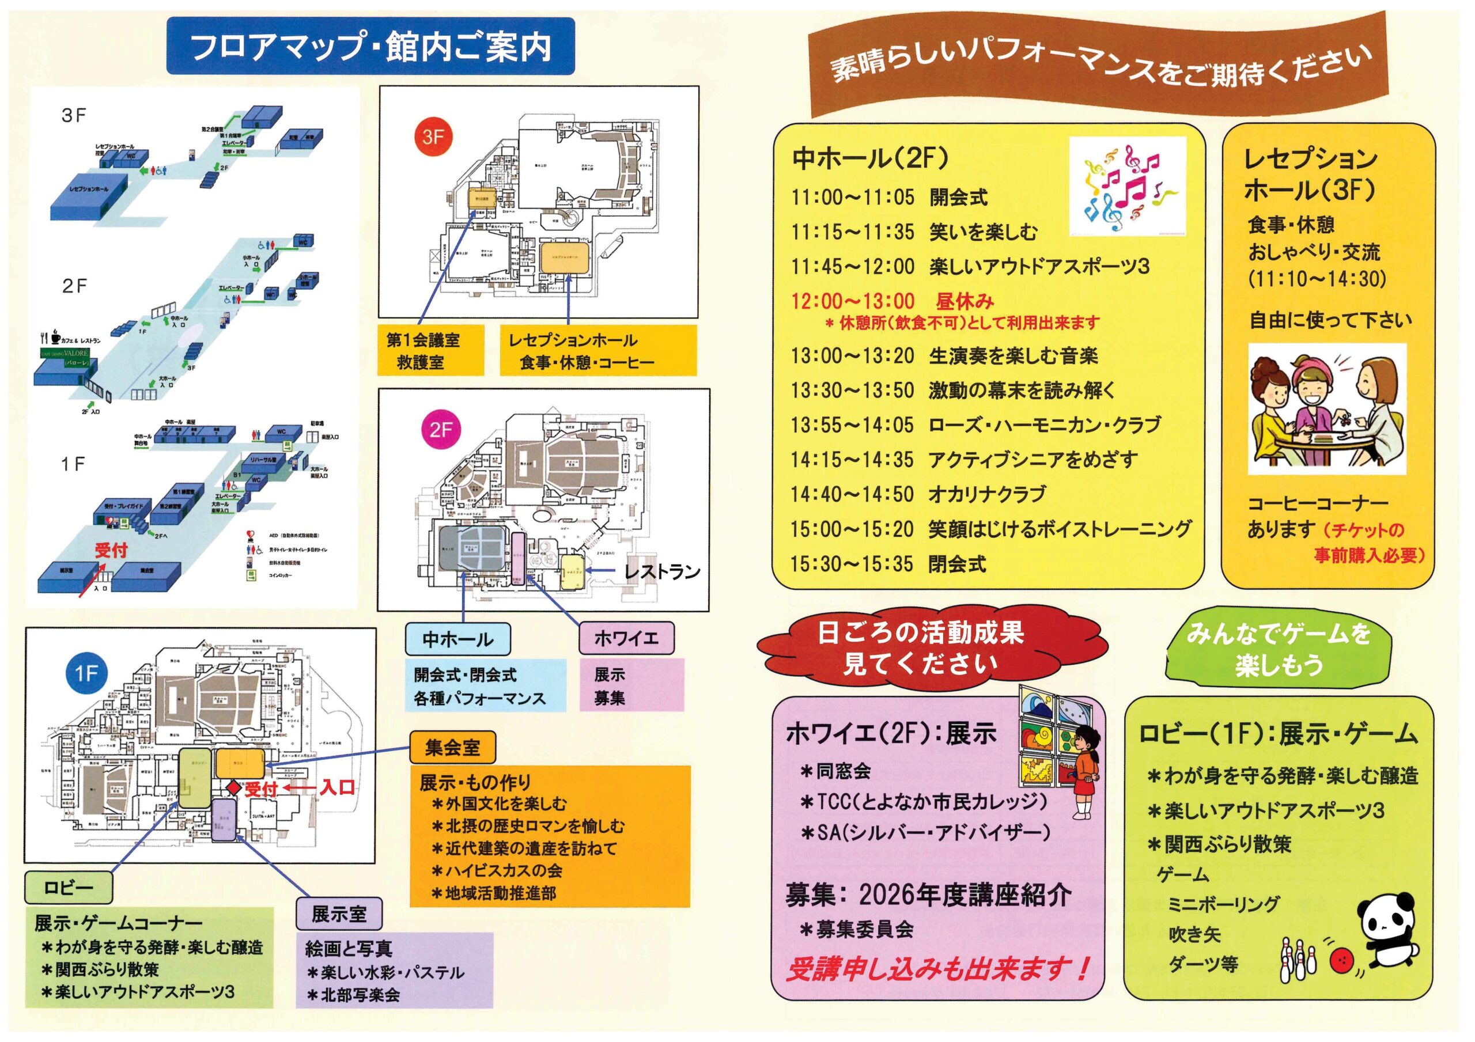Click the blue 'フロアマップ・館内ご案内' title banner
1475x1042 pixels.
370,46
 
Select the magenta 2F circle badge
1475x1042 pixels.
441,429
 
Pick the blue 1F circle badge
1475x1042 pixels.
86,673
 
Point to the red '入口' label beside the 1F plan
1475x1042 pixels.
337,787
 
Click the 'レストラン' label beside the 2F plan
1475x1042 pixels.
661,571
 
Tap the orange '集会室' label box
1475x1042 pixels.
452,747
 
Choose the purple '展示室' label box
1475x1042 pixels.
339,914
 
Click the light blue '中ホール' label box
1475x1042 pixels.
457,639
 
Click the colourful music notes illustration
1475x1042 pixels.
1128,186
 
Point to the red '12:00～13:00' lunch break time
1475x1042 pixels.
853,301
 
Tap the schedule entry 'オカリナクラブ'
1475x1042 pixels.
987,494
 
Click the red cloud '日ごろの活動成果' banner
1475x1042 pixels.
920,648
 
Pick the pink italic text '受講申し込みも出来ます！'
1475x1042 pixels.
938,969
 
